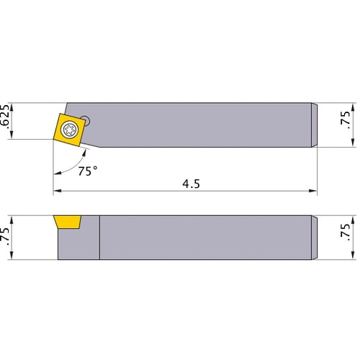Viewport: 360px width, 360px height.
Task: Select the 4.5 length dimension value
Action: pos(190,184)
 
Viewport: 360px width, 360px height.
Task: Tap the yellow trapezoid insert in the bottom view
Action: pos(68,220)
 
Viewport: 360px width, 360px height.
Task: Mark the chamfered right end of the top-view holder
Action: pos(314,125)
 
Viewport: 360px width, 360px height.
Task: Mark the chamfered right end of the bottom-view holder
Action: pos(314,238)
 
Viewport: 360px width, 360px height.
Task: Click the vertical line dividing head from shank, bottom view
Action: pos(99,238)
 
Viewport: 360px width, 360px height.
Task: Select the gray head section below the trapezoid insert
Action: pos(77,245)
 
